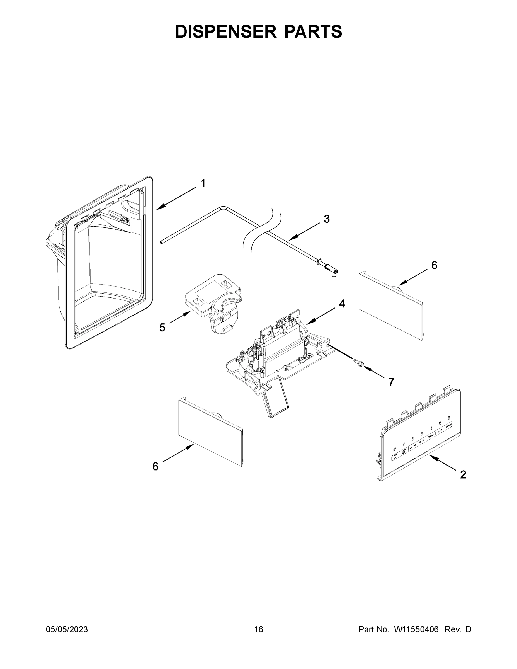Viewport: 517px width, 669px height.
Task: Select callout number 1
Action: click(203, 183)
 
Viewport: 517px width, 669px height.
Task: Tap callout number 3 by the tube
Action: click(326, 219)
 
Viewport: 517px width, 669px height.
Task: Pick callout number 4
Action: click(342, 304)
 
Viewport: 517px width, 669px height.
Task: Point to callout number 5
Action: click(162, 328)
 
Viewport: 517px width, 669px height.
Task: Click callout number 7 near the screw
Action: click(391, 382)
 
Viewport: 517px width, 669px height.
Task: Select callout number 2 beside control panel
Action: click(463, 474)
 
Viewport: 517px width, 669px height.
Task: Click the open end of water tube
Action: click(161, 242)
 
